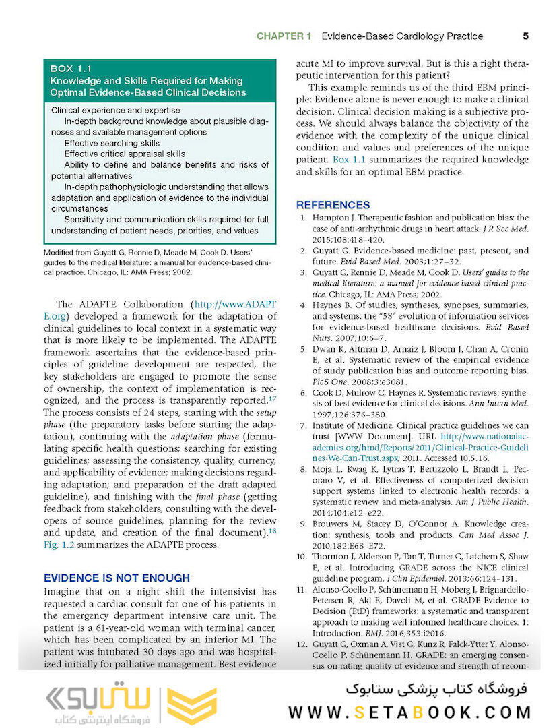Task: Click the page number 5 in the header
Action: [525, 36]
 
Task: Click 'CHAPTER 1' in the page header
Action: [283, 36]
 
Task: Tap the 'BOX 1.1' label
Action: [71, 69]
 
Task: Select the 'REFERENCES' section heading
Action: [333, 205]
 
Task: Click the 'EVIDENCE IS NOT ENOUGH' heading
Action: [117, 578]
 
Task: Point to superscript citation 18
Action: [272, 532]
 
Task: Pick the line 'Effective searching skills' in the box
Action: [112, 144]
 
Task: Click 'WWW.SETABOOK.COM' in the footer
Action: [410, 712]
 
